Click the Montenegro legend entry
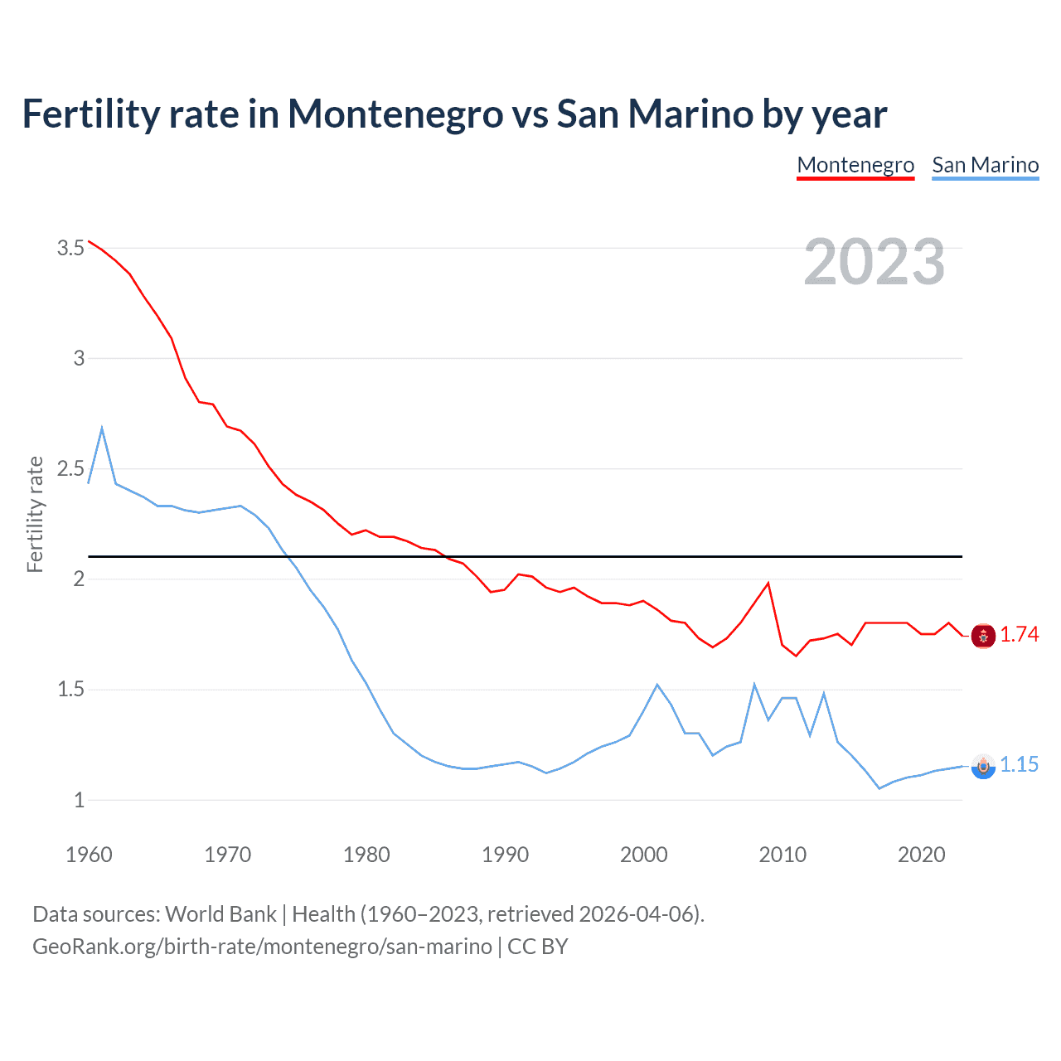[855, 165]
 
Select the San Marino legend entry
[985, 165]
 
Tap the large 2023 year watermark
[874, 262]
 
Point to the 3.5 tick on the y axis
[71, 248]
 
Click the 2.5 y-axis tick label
[71, 469]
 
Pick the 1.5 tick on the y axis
[71, 690]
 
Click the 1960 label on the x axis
[89, 855]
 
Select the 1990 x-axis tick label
[505, 855]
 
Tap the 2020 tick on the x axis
[921, 855]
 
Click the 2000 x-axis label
[643, 855]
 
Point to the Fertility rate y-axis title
[35, 514]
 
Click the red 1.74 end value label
[1020, 635]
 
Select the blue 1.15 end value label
[1020, 765]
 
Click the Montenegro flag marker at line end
[983, 636]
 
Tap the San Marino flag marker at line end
[983, 767]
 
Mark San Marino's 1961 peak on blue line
[102, 429]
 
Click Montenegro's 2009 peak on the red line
[768, 583]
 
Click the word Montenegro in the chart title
[395, 114]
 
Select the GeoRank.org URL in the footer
[262, 947]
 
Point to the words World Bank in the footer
[220, 914]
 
